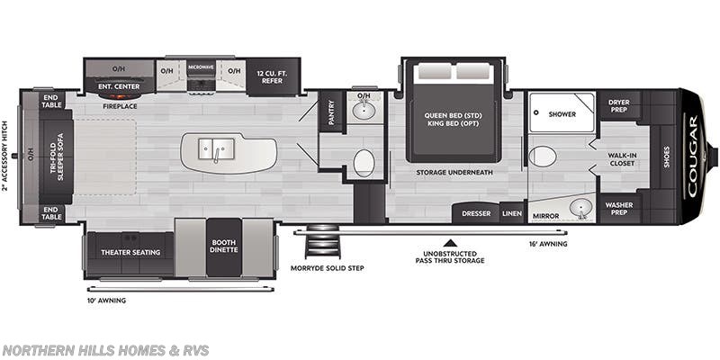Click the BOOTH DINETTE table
223,247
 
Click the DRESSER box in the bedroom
476,214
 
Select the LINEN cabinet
512,214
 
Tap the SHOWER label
562,113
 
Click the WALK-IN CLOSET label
623,159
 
